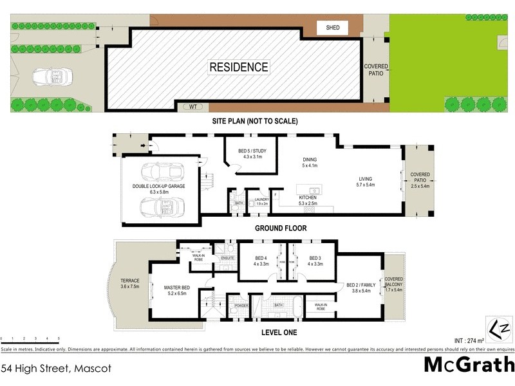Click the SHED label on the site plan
332,28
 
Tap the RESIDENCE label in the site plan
238,67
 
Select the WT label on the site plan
192,107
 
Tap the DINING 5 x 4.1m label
310,163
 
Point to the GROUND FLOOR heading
281,228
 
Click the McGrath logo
469,365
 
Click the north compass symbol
500,329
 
